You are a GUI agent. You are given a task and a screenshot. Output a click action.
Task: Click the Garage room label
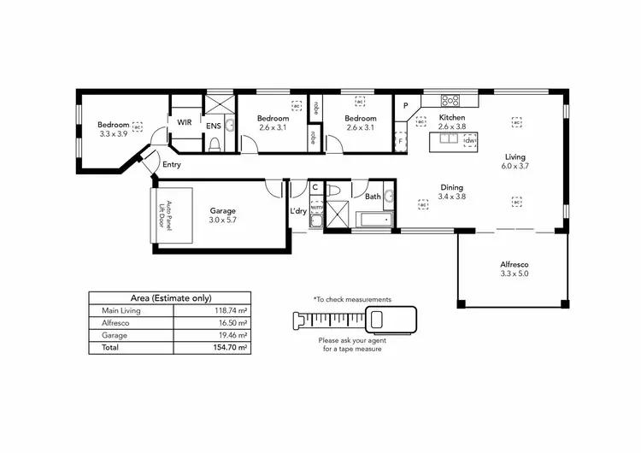(223, 211)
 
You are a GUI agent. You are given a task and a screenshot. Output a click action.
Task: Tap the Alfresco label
(514, 264)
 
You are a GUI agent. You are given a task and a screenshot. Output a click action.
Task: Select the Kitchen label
(451, 117)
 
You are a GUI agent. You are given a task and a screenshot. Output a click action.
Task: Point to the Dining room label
(451, 187)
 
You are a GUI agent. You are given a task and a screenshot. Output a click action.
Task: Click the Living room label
(515, 157)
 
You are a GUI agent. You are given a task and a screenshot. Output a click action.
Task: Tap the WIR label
(185, 122)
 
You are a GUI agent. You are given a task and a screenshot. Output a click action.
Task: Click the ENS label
(213, 126)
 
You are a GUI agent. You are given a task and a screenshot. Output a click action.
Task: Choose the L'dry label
(297, 211)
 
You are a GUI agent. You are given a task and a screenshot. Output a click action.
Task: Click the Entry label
(172, 164)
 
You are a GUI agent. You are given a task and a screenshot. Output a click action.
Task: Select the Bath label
(373, 197)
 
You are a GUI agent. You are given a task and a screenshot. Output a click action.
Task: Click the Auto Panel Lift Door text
(168, 215)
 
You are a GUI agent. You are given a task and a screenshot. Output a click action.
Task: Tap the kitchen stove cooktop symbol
(451, 100)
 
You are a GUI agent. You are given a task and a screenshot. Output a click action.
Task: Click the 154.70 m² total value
(232, 349)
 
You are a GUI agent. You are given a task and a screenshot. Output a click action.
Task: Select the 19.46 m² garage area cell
(232, 336)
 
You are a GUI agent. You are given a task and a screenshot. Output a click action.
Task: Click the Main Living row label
(121, 311)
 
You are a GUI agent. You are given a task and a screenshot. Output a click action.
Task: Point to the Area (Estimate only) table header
(170, 297)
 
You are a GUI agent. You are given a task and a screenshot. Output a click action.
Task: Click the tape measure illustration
(351, 321)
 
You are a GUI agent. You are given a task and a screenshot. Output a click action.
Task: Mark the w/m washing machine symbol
(315, 206)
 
